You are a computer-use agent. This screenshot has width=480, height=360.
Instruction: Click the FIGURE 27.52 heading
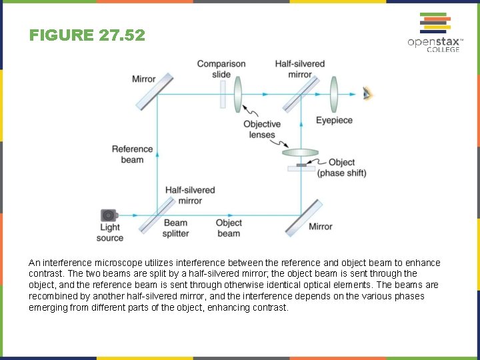point(87,35)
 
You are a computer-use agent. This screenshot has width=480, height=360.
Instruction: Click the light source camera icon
point(109,215)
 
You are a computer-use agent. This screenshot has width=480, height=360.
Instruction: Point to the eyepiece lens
point(334,93)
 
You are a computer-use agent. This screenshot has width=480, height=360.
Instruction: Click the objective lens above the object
point(301,152)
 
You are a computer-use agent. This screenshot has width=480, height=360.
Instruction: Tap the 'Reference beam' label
point(132,154)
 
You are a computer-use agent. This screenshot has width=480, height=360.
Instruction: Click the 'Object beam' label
point(229,228)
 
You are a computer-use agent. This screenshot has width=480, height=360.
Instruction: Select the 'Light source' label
point(109,233)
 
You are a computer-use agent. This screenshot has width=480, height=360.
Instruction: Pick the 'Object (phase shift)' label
point(341,167)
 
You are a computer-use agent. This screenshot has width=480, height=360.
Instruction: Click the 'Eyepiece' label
point(334,121)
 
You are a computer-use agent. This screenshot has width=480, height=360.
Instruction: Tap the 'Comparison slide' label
point(221,69)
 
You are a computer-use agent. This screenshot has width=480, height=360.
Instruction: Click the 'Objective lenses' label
point(261,129)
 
